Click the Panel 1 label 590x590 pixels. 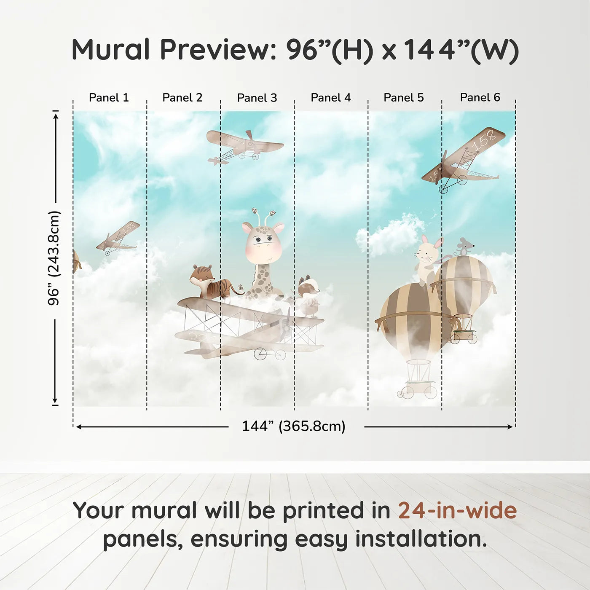(109, 98)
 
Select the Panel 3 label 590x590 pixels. (257, 98)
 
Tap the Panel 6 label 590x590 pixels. (480, 97)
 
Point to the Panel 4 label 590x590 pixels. (331, 98)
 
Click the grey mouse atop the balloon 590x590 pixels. (464, 247)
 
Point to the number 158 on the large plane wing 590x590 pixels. (484, 141)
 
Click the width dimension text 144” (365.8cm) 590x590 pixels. (294, 426)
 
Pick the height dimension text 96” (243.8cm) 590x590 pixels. (54, 258)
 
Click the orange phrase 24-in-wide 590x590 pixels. (457, 510)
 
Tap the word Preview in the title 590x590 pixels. (218, 49)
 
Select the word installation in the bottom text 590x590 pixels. (421, 539)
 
